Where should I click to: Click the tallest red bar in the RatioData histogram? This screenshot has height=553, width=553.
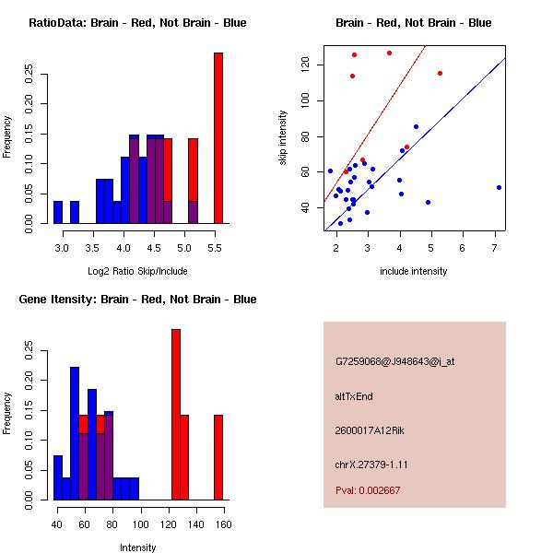pyautogui.click(x=218, y=138)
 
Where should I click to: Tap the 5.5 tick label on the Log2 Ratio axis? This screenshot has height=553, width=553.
pyautogui.click(x=218, y=249)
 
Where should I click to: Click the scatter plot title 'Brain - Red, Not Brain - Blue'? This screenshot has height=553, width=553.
pyautogui.click(x=413, y=23)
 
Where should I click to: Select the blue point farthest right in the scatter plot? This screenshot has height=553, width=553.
pyautogui.click(x=499, y=187)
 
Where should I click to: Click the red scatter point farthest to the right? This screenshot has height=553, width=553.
pyautogui.click(x=440, y=73)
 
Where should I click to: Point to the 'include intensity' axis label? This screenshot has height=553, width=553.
pyautogui.click(x=413, y=271)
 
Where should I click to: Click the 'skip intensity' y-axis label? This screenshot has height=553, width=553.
pyautogui.click(x=284, y=138)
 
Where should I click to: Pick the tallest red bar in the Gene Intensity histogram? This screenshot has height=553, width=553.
pyautogui.click(x=175, y=415)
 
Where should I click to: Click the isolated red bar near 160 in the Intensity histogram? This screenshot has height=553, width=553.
pyautogui.click(x=218, y=457)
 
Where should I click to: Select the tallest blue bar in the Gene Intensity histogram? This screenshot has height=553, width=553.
pyautogui.click(x=75, y=433)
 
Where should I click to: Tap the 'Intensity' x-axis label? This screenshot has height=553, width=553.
pyautogui.click(x=137, y=547)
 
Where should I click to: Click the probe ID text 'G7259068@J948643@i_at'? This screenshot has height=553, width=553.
pyautogui.click(x=394, y=361)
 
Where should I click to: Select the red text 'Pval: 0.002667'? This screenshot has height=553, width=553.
pyautogui.click(x=368, y=490)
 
